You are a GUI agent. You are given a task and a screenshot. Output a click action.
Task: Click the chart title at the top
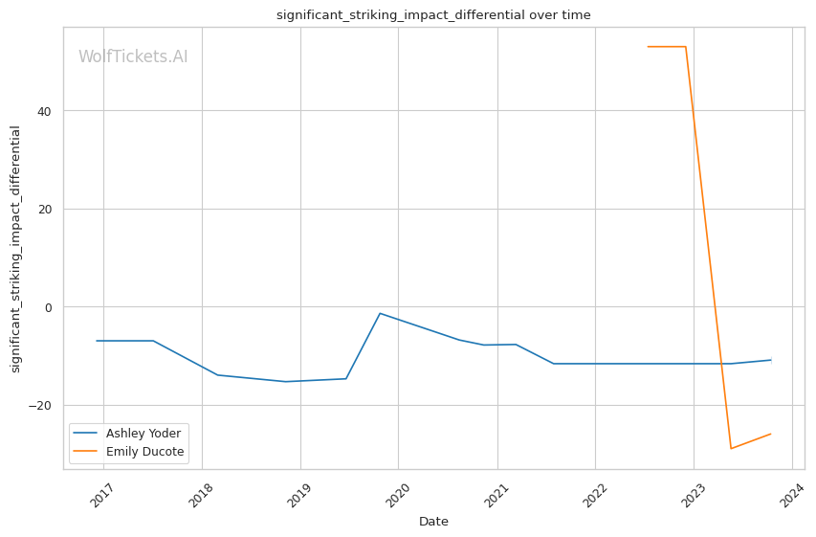point(433,15)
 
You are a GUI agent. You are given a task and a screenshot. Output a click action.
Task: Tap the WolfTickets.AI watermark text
point(133,57)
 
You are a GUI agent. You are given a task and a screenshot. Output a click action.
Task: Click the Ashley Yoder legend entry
point(143,434)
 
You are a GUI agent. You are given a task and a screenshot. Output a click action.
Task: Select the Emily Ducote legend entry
point(144,452)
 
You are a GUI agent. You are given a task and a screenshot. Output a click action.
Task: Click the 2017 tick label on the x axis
point(100,495)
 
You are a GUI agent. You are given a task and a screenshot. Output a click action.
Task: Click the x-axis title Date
point(433,522)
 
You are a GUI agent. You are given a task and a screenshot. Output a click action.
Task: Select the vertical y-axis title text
point(15,249)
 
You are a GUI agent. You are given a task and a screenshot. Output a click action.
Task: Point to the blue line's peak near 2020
point(380,313)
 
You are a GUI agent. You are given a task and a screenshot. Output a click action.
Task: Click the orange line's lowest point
point(731,449)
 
